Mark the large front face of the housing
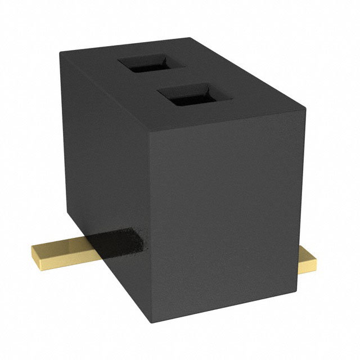(225, 219)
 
